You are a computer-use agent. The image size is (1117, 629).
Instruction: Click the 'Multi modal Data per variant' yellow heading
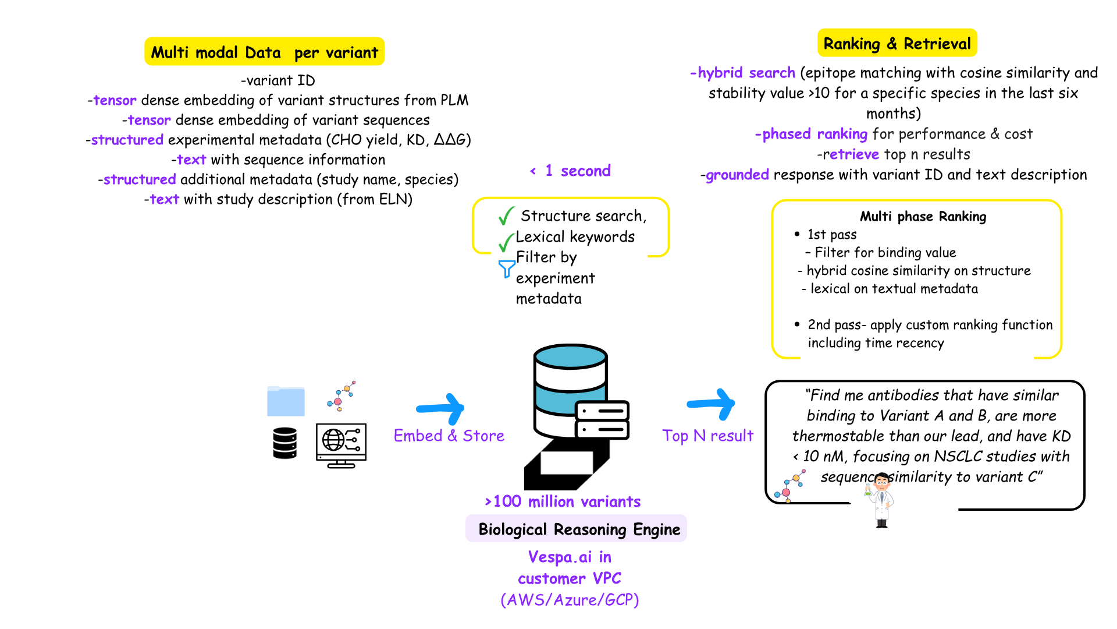coord(264,52)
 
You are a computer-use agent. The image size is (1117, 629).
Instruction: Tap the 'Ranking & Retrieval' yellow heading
coord(897,44)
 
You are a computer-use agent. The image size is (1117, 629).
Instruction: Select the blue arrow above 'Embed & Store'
coord(442,408)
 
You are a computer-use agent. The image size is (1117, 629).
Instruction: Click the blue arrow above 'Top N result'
coord(713,404)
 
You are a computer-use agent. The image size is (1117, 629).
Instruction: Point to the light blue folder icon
coord(286,401)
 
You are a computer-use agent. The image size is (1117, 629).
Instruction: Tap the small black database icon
coord(285,443)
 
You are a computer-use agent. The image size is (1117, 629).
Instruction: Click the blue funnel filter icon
coord(506,268)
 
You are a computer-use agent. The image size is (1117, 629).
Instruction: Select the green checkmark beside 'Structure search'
coord(506,216)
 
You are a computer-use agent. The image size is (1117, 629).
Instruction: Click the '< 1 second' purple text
coord(570,171)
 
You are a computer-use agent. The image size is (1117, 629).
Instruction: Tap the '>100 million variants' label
coord(563,501)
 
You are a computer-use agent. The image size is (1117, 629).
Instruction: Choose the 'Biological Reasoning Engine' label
coord(579,529)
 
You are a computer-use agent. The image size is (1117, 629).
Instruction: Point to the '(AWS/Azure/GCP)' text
coord(570,600)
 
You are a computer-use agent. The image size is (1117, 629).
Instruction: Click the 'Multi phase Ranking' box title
coord(923,217)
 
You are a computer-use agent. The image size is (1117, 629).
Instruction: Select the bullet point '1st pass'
coord(831,235)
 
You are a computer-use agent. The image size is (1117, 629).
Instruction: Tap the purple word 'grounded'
coord(737,175)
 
